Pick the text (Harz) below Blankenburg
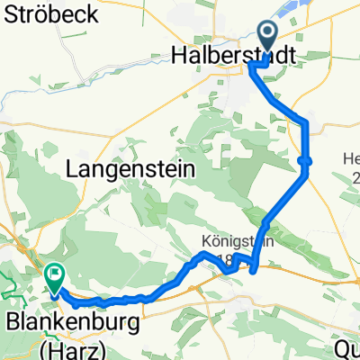tap(67, 348)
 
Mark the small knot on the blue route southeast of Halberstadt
tap(305, 161)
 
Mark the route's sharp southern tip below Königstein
tap(253, 268)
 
